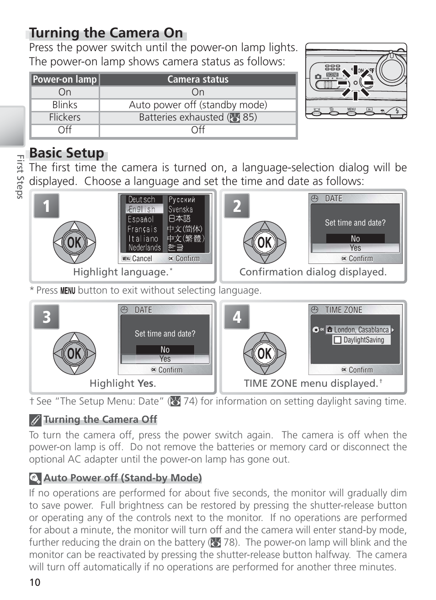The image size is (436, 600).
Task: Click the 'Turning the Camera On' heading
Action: pyautogui.click(x=106, y=33)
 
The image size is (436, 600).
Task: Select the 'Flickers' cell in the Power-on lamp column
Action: pyautogui.click(x=65, y=117)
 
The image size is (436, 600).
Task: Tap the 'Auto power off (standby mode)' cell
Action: pyautogui.click(x=198, y=105)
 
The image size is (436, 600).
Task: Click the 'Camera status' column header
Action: pyautogui.click(x=198, y=79)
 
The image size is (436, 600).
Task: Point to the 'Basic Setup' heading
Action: pyautogui.click(x=67, y=153)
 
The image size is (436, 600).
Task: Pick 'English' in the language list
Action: pyautogui.click(x=142, y=209)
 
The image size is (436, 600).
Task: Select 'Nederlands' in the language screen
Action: pyautogui.click(x=144, y=247)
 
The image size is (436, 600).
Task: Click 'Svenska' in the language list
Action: pyautogui.click(x=181, y=210)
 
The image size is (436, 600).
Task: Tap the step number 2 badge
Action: pyautogui.click(x=237, y=206)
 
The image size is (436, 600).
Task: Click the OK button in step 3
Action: pyautogui.click(x=74, y=353)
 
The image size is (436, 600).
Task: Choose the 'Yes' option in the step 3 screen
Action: pyautogui.click(x=165, y=359)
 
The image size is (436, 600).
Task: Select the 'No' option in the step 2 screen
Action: pyautogui.click(x=355, y=238)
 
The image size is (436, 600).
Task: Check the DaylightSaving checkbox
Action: pyautogui.click(x=338, y=340)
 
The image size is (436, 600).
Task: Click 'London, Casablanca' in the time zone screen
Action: pyautogui.click(x=361, y=330)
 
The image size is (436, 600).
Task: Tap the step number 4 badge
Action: pyautogui.click(x=237, y=317)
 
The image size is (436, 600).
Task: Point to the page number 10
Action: pyautogui.click(x=35, y=583)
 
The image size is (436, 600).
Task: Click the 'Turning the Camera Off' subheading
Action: pyautogui.click(x=100, y=420)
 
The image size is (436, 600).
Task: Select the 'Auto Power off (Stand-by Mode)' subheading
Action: pyautogui.click(x=122, y=478)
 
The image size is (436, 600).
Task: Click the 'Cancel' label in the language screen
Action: pyautogui.click(x=142, y=258)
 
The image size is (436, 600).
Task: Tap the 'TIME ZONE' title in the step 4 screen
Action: pyautogui.click(x=343, y=310)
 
